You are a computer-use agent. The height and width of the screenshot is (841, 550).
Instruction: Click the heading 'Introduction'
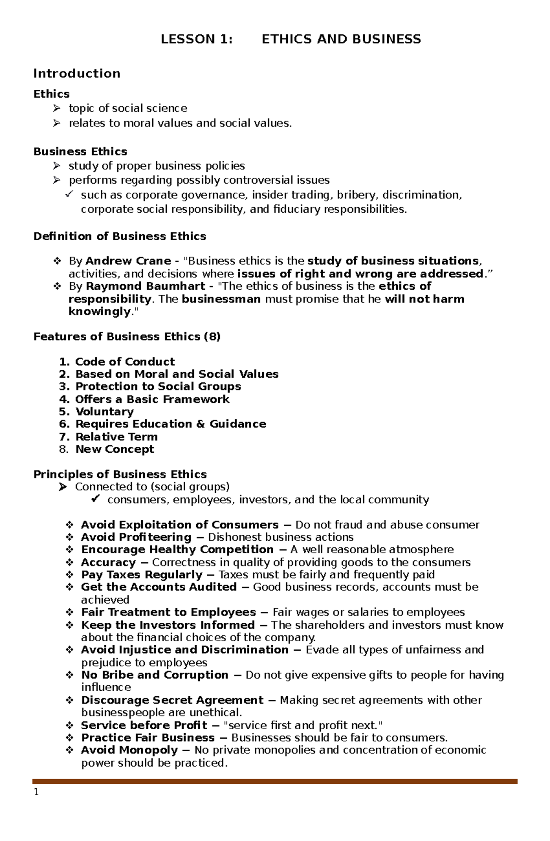(x=77, y=73)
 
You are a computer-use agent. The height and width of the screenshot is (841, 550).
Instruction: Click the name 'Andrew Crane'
(x=128, y=261)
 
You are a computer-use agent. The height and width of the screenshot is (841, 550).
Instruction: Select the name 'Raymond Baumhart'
(x=145, y=286)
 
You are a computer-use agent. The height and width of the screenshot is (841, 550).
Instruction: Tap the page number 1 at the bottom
(x=36, y=792)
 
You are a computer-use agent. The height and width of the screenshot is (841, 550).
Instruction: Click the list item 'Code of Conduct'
(x=125, y=362)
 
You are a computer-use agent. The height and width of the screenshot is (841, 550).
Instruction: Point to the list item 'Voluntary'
(x=104, y=412)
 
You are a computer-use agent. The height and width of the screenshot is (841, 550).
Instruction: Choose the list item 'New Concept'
(x=115, y=449)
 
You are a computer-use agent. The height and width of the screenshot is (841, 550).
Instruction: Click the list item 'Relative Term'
(x=116, y=437)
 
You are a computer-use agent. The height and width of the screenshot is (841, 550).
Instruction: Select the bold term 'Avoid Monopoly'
(x=129, y=750)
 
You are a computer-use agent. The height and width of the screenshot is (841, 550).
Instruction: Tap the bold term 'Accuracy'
(x=108, y=562)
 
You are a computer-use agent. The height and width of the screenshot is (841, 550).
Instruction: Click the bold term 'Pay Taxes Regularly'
(x=142, y=575)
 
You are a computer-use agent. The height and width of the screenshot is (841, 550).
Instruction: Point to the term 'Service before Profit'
(x=144, y=725)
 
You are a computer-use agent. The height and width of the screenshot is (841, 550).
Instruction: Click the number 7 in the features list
(x=64, y=437)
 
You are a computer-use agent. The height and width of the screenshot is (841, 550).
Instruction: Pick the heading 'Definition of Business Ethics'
(x=120, y=236)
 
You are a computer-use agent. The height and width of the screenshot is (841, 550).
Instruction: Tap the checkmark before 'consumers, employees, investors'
(x=95, y=499)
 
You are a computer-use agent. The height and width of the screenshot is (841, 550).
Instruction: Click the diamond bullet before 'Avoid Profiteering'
(x=70, y=537)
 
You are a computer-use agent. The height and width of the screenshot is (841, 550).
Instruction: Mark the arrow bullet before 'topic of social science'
(x=56, y=108)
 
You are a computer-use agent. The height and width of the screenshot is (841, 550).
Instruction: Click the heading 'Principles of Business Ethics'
(x=120, y=474)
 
